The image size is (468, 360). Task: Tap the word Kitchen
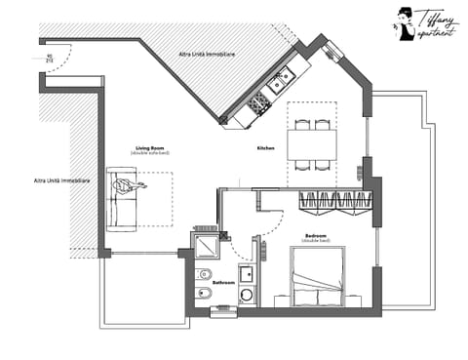click(x=266, y=148)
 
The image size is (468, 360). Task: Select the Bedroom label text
click(x=317, y=236)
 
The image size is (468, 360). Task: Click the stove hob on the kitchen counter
click(x=259, y=101)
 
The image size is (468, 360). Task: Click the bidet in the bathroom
click(x=205, y=296)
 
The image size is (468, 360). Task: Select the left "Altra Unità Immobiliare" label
click(x=61, y=180)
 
